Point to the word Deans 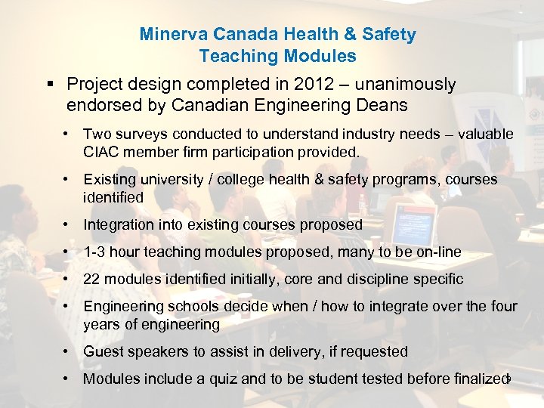click(x=382, y=105)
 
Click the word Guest click(x=101, y=352)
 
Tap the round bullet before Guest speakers click(x=68, y=352)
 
